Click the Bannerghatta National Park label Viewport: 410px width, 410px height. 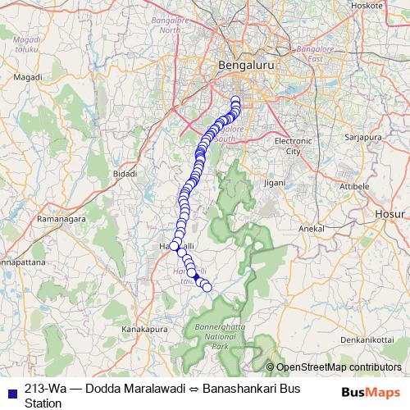pyautogui.click(x=220, y=337)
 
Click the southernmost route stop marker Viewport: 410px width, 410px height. pyautogui.click(x=207, y=286)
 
